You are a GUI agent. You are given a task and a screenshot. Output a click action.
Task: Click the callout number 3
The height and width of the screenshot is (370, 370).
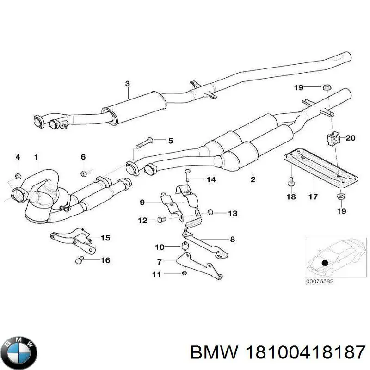coord(127,84)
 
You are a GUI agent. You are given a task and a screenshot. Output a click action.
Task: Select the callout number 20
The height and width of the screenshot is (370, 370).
coord(350,137)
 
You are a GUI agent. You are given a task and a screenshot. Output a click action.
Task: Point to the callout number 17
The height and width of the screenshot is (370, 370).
coord(313,197)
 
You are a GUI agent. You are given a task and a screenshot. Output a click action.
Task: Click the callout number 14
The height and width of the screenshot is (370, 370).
coord(211,179)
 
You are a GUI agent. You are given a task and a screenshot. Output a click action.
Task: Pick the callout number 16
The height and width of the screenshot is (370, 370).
coord(105,260)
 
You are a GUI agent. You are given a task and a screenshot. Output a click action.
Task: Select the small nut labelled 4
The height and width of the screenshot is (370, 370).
coord(18,175)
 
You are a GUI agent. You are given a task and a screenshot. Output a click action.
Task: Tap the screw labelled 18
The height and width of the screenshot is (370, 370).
coord(290,182)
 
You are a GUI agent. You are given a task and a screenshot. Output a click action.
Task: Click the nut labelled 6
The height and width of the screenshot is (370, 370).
coord(84,173)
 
